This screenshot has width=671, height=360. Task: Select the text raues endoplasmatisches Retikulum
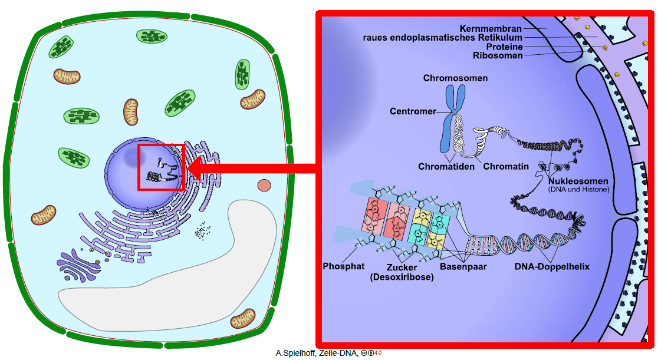443,38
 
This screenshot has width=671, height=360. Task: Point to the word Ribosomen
498,55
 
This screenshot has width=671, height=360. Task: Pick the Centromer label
413,111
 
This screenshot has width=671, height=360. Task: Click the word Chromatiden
446,166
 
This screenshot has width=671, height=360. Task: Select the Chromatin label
506,166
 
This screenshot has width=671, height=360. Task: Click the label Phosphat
344,266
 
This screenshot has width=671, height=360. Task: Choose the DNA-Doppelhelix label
552,266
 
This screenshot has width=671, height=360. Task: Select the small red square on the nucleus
161,167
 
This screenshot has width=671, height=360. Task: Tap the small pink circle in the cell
264,186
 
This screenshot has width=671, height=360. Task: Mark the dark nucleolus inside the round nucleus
131,156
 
